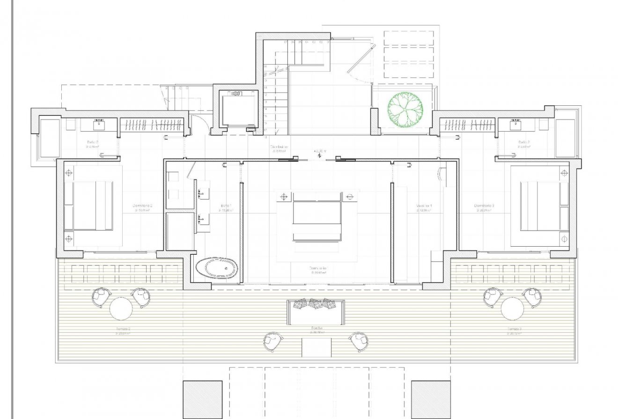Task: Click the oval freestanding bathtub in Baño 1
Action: (217, 268)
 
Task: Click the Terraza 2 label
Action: (122, 329)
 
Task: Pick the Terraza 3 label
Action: (514, 329)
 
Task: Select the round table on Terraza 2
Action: (121, 309)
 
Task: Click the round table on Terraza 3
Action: (512, 309)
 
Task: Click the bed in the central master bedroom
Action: (317, 220)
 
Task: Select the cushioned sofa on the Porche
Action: (316, 311)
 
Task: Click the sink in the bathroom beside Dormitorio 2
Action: (99, 125)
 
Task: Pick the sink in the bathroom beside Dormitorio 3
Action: (515, 125)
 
